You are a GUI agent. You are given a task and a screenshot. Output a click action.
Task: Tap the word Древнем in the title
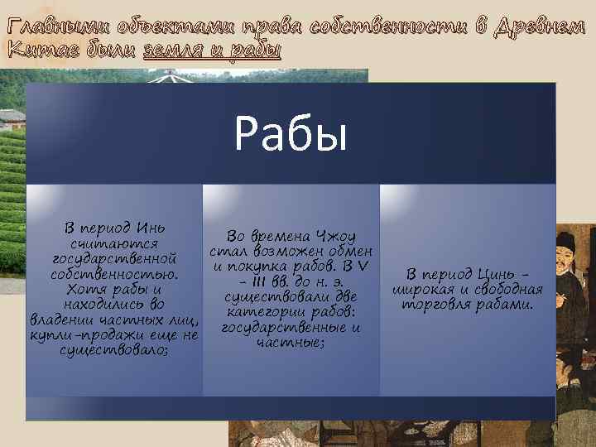click(542, 26)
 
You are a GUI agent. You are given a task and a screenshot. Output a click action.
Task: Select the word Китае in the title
click(35, 51)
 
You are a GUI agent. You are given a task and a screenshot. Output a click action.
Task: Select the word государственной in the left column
click(113, 258)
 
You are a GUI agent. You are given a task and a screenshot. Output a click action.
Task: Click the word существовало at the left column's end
click(113, 350)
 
